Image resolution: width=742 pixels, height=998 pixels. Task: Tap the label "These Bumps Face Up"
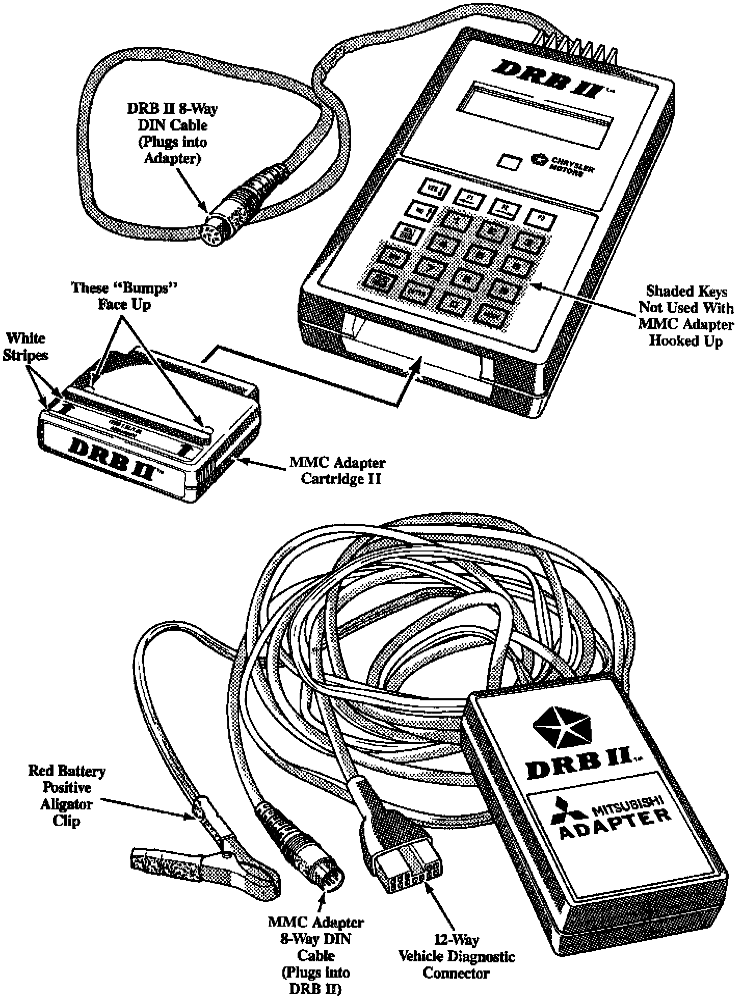click(124, 296)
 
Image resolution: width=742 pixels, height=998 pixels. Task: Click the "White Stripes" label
click(25, 346)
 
